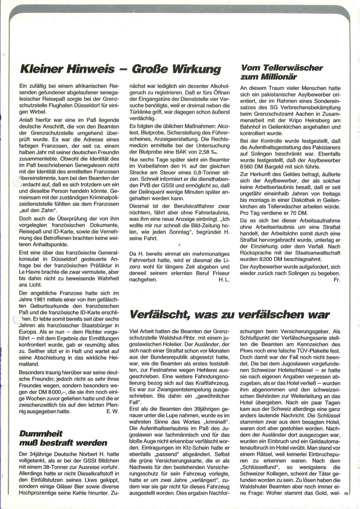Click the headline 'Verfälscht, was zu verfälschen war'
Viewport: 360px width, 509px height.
[x=230, y=315]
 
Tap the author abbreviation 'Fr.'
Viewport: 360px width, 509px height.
[x=336, y=279]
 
